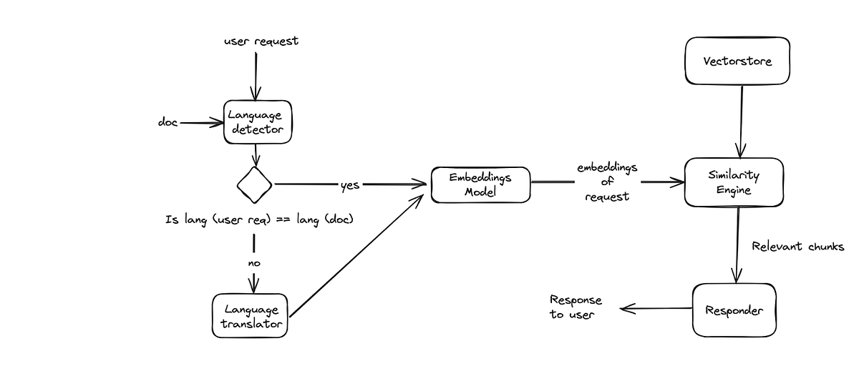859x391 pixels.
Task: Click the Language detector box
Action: (x=255, y=122)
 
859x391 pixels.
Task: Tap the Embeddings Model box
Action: (x=480, y=184)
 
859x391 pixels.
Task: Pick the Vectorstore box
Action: (x=737, y=61)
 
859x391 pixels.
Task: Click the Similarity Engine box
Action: (x=733, y=182)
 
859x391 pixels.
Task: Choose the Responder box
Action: (x=734, y=310)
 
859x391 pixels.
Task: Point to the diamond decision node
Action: (x=254, y=184)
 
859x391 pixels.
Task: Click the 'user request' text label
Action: (x=261, y=41)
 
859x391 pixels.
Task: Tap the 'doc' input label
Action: (x=168, y=122)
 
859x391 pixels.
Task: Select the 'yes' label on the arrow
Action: (x=350, y=185)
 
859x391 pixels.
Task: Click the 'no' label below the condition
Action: (x=254, y=263)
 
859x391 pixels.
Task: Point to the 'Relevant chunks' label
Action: (x=797, y=247)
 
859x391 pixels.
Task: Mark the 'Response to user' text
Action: (x=576, y=307)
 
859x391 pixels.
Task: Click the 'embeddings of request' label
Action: (x=607, y=182)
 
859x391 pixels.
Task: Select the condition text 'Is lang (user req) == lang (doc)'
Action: (x=259, y=219)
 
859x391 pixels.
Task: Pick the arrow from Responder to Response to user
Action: (x=655, y=309)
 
